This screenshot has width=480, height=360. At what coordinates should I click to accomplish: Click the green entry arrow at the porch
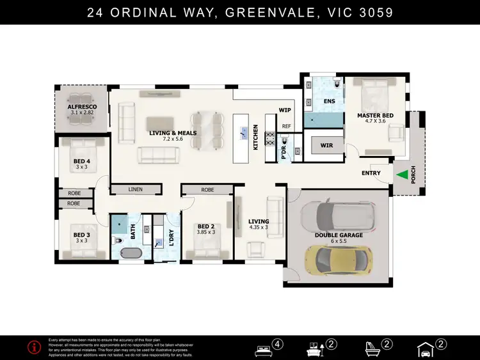(402, 174)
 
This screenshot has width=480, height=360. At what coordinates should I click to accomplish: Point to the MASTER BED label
(375, 115)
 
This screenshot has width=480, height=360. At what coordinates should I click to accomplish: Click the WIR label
(326, 146)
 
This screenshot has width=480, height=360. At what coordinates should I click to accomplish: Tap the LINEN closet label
(135, 189)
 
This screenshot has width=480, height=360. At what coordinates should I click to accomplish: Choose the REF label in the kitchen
(286, 126)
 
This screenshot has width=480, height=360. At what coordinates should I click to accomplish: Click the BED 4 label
(81, 161)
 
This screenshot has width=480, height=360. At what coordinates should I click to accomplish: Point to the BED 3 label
(81, 235)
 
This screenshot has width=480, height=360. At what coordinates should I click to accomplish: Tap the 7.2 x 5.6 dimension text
(173, 139)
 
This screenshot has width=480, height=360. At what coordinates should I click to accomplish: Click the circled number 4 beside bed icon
(278, 344)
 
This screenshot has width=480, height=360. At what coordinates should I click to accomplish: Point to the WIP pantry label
(285, 110)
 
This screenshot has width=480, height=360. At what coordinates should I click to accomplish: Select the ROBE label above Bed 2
(207, 189)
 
